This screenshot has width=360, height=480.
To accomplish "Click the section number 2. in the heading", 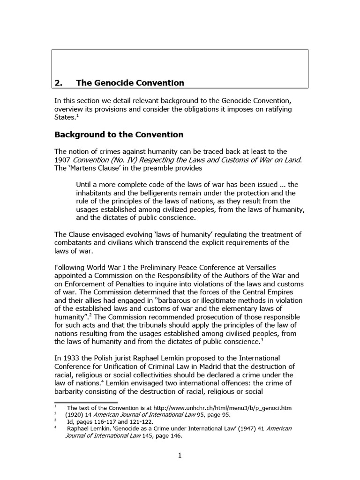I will coord(59,83).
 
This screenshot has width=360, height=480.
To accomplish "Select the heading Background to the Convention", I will coord(119,135).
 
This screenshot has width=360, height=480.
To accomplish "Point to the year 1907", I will coord(64,160).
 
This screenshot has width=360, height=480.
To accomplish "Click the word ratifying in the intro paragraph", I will coord(276,109).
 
